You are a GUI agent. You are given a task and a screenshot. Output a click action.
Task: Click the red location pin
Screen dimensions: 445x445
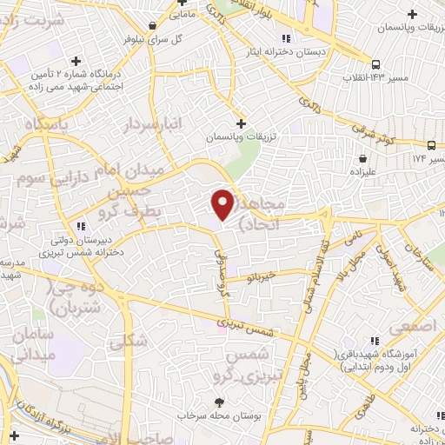[x=222, y=203]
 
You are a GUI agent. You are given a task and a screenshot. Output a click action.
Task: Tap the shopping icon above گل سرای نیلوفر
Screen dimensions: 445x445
[x=153, y=25]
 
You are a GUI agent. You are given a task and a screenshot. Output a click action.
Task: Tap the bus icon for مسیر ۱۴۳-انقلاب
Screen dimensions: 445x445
[x=375, y=64]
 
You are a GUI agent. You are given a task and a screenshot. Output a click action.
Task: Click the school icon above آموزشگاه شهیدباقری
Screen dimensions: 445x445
[x=375, y=342]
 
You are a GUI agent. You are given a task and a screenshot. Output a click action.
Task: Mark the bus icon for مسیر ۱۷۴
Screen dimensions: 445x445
[x=430, y=145]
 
